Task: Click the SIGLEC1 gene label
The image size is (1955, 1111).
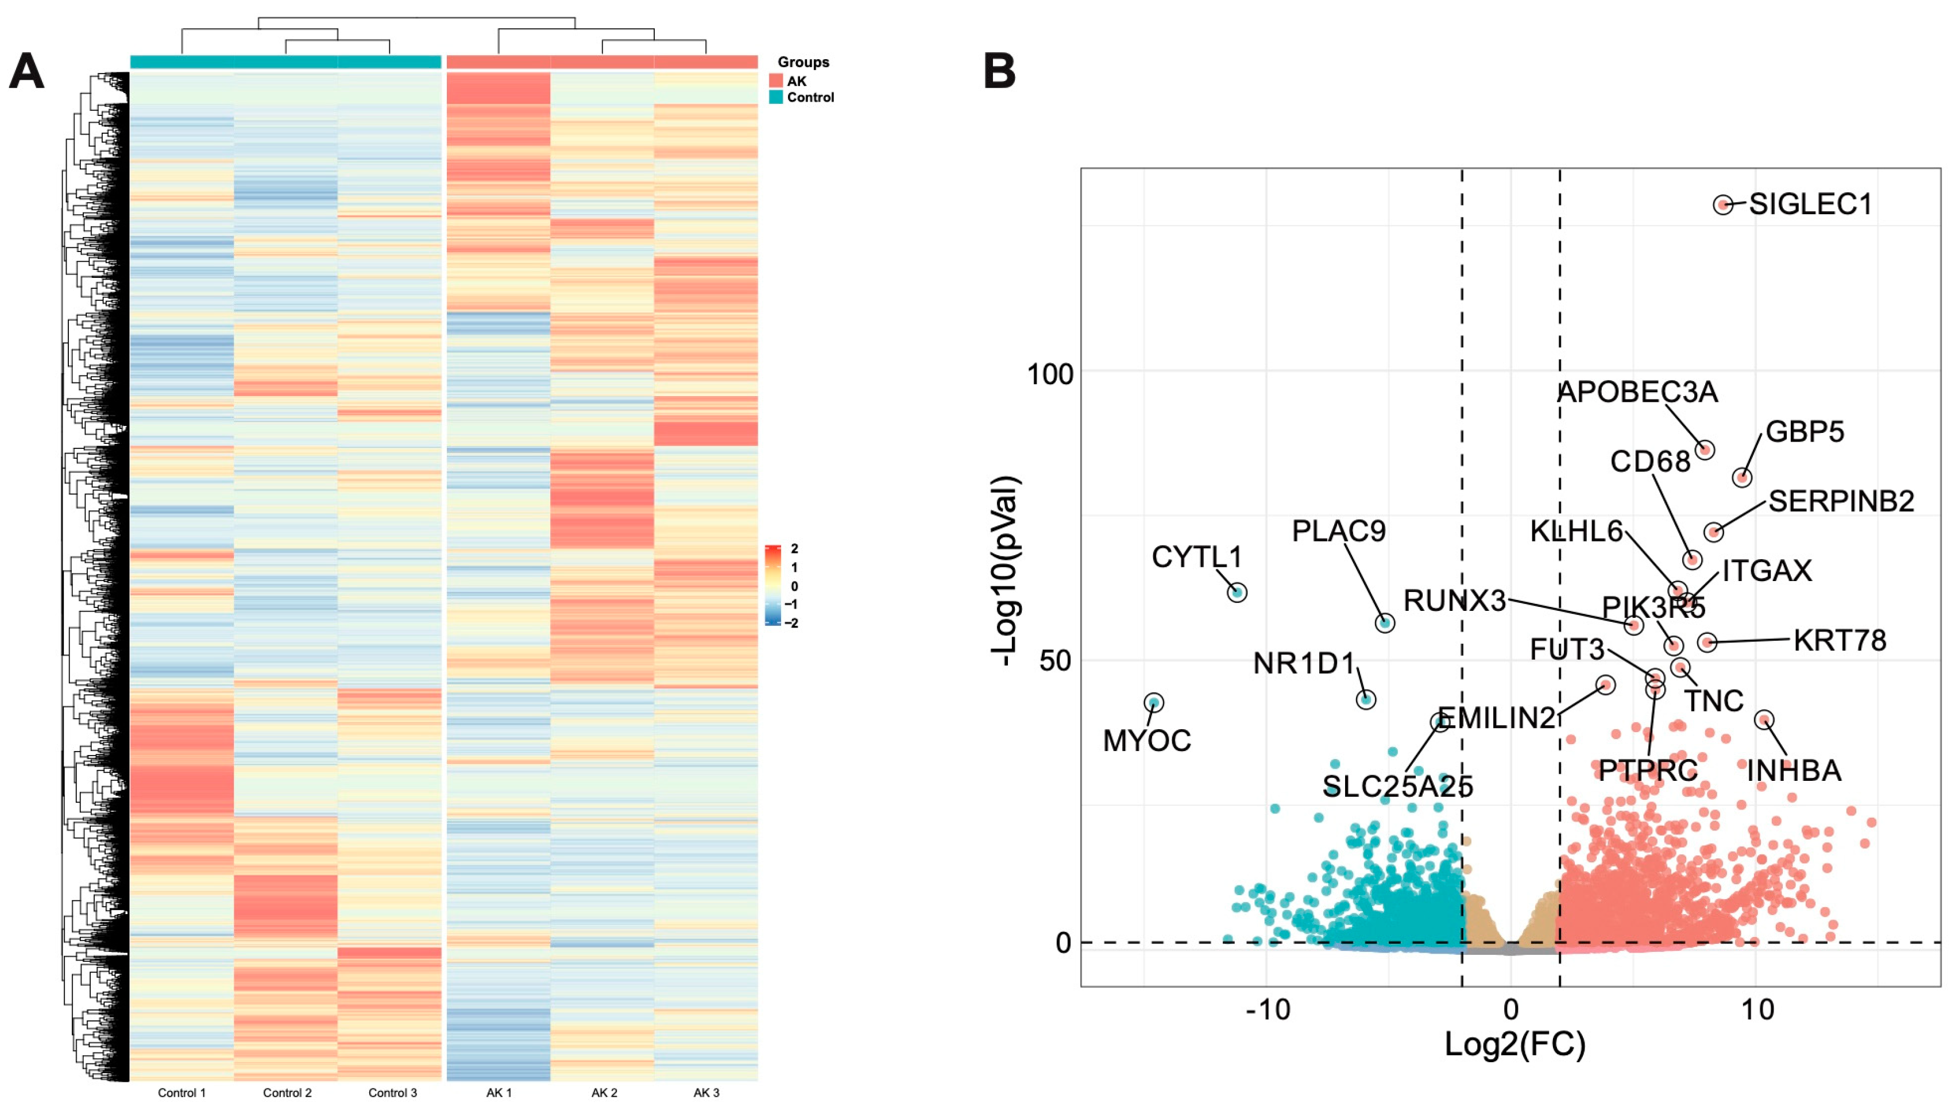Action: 1810,204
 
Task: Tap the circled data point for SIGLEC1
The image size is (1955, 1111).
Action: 1723,204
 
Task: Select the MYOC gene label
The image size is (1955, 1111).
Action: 1147,740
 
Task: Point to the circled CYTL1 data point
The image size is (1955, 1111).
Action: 1237,592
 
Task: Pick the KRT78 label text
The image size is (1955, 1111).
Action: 1839,640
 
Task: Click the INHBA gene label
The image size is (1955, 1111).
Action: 1794,771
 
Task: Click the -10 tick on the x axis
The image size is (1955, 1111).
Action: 1268,1009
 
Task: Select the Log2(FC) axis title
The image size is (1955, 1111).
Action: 1514,1044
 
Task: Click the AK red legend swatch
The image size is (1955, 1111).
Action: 776,81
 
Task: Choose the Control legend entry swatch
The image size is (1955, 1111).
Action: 776,97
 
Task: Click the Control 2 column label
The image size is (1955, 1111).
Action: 287,1093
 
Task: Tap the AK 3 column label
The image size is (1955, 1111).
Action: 706,1093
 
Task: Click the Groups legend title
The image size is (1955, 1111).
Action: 803,62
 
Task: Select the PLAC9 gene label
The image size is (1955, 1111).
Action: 1338,531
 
